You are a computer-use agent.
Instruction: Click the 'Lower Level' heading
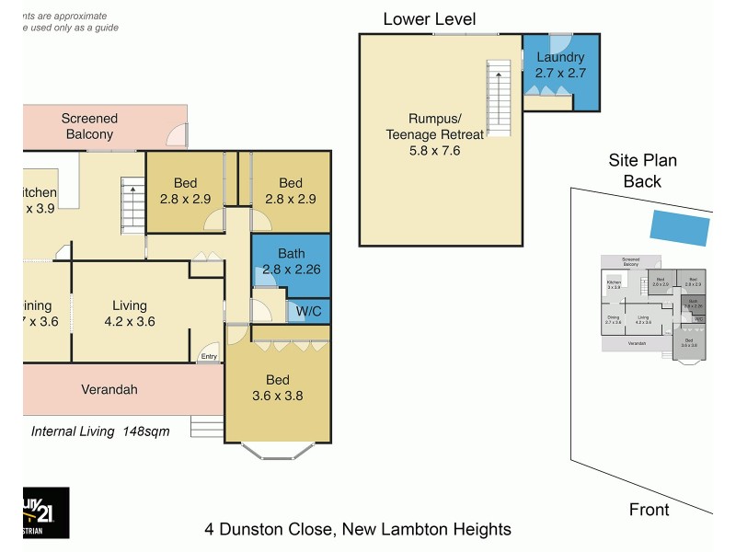pos(430,18)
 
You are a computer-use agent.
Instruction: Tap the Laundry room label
pos(560,64)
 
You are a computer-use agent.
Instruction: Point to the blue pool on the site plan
pos(680,225)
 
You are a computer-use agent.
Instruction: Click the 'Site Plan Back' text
pos(642,171)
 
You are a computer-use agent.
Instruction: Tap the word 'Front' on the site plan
pos(649,509)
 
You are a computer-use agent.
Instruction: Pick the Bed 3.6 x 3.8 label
pos(278,388)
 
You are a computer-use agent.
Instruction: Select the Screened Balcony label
pos(89,126)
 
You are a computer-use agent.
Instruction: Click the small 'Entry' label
pos(210,356)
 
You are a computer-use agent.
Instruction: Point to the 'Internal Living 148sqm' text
pos(100,431)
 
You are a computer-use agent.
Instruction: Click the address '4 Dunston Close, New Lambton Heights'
pos(357,529)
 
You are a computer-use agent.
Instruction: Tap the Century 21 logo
pos(45,512)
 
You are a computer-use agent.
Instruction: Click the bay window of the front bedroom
pos(278,452)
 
